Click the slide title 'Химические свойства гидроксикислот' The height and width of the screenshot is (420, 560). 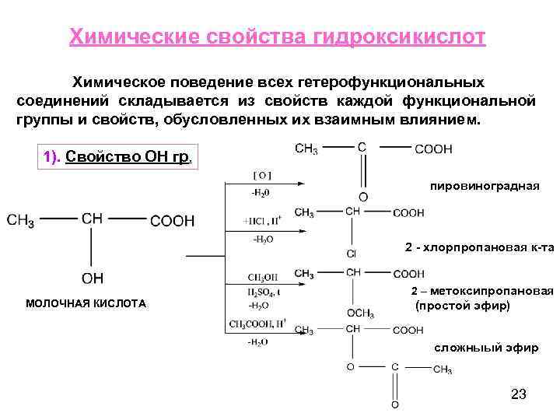point(278,38)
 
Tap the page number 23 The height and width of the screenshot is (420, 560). point(519,394)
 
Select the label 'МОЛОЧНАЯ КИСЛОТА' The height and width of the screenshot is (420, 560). point(86,303)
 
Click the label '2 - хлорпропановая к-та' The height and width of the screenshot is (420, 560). point(479,247)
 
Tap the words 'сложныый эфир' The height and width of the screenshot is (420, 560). point(485,348)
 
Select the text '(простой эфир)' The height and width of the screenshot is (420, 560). point(464,306)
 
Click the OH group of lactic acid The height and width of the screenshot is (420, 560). point(92,278)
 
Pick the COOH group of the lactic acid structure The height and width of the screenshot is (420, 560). point(172,221)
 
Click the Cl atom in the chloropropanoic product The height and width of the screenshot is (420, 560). point(351,254)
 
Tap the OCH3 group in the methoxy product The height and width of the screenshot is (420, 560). point(360,313)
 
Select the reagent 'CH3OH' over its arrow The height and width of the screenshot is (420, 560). point(263,277)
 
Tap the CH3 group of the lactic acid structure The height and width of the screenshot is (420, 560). point(21,222)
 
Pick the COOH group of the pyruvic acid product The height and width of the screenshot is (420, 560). point(433,149)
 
